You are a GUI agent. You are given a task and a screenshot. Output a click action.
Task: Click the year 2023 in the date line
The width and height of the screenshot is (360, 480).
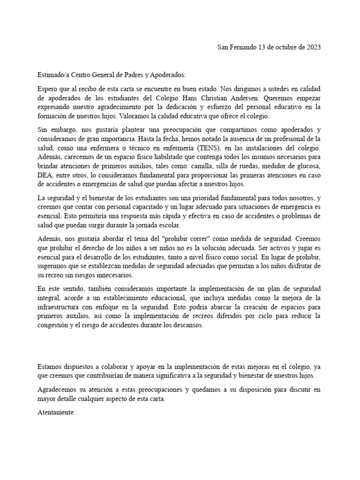click(x=313, y=47)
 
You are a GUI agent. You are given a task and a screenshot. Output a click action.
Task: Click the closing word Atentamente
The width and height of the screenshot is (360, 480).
click(x=55, y=414)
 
